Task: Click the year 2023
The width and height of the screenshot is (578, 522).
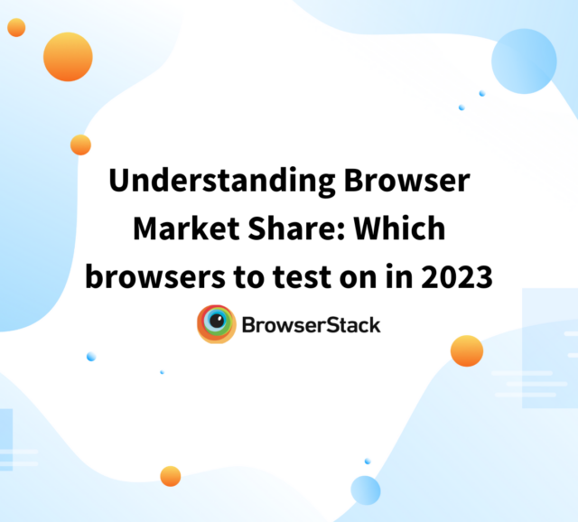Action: tap(460, 278)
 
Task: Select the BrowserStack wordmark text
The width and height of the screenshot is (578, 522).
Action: tap(312, 324)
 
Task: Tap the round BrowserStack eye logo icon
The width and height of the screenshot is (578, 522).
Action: tap(217, 324)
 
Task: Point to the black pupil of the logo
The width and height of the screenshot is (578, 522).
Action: tap(216, 323)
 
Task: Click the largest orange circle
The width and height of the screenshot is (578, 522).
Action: tap(68, 56)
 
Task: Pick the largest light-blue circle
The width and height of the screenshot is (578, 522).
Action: tap(524, 61)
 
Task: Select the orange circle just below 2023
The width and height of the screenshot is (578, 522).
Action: tap(467, 350)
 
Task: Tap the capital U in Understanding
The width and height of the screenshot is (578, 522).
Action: tap(121, 181)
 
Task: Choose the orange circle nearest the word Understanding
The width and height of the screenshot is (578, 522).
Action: tap(80, 144)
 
